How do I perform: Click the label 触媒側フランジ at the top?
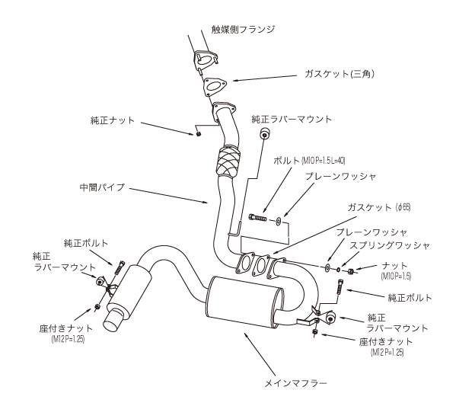244,29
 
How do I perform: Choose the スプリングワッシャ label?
391,245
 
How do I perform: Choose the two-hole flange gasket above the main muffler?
253,267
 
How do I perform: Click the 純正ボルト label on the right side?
410,297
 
